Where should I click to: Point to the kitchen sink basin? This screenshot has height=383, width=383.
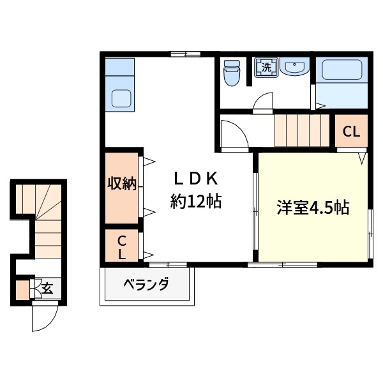[121, 98]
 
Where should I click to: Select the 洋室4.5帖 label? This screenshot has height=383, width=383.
[312, 207]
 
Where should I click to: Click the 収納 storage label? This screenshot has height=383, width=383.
[121, 184]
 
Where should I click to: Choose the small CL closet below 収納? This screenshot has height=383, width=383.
[121, 246]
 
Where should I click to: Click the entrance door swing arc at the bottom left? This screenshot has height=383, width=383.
[45, 317]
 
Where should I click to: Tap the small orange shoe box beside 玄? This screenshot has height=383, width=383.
[23, 290]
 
